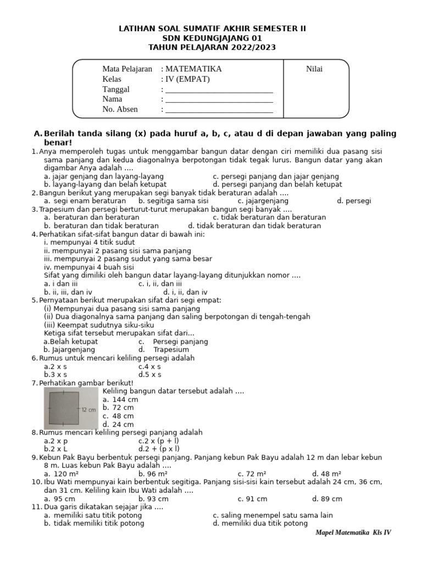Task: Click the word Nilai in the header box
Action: tap(314, 69)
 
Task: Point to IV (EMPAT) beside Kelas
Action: tap(187, 79)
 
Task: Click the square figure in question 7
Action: tap(64, 408)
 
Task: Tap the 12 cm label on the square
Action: tap(88, 410)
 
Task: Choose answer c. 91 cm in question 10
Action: tap(252, 499)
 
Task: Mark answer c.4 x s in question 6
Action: tap(149, 367)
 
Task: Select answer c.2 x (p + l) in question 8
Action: tap(159, 441)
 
